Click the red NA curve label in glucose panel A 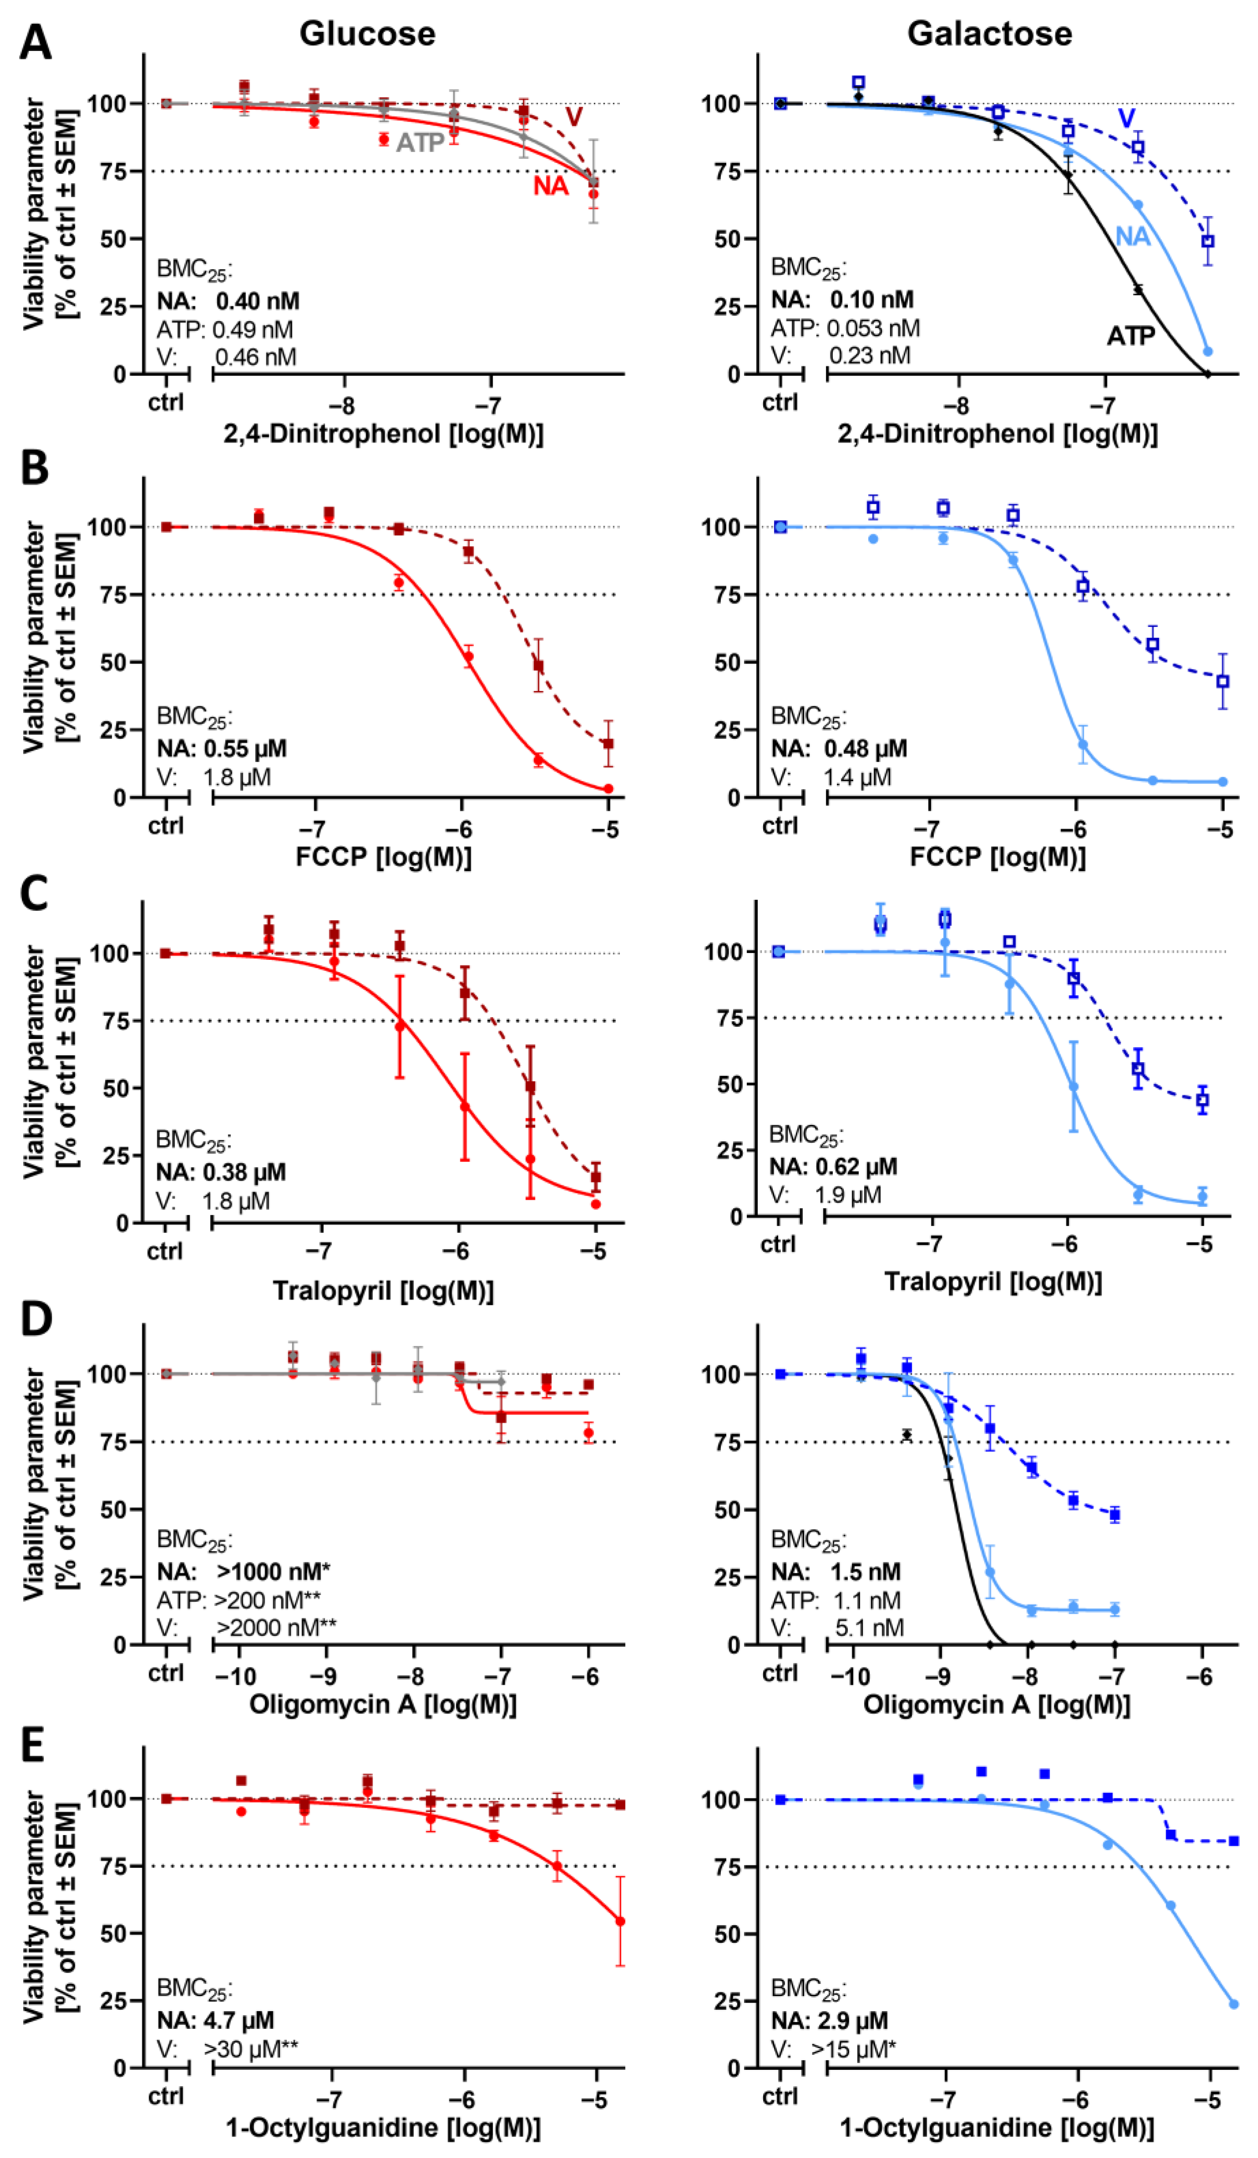coord(551,186)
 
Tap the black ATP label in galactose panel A coord(1130,336)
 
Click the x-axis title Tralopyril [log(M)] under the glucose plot coord(383,1290)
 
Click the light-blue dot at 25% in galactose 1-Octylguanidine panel coord(1233,2004)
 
